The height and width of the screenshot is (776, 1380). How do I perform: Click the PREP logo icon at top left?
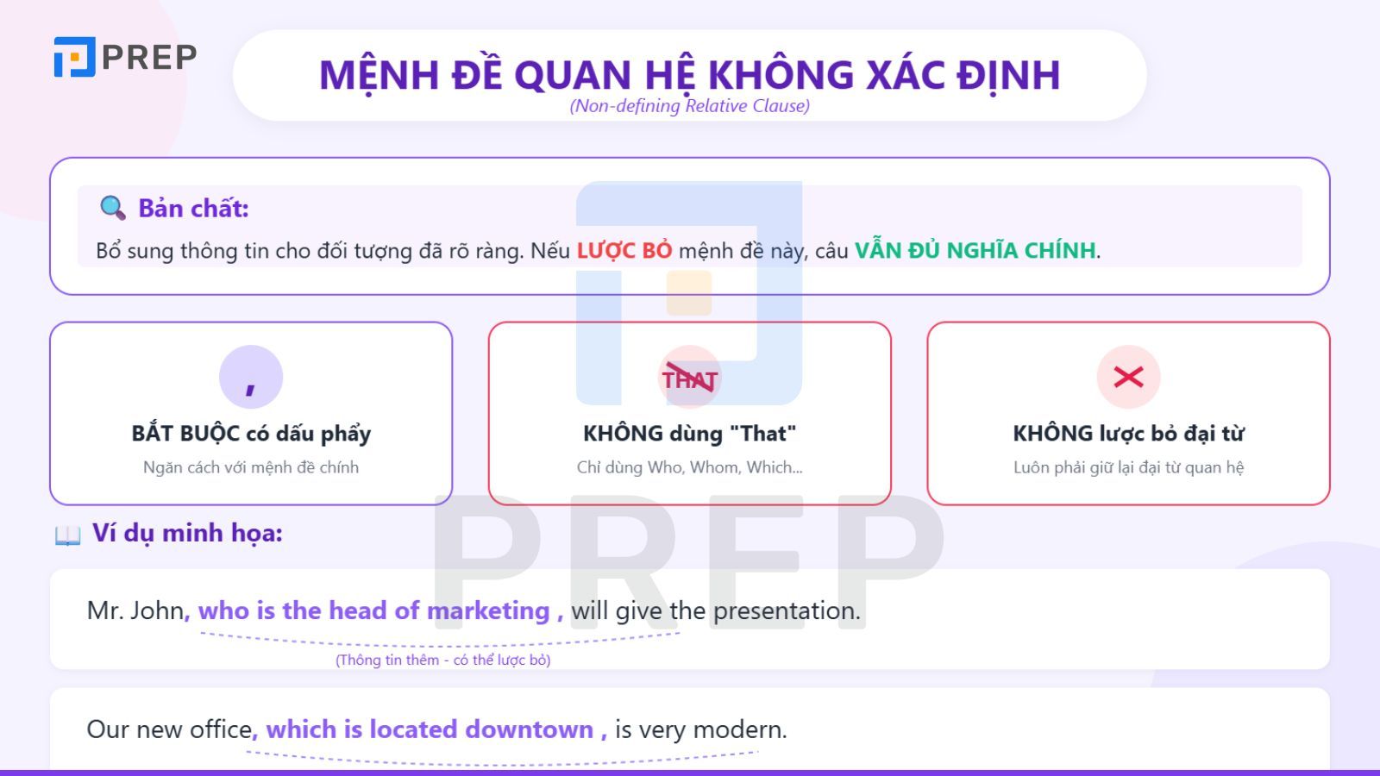pyautogui.click(x=74, y=57)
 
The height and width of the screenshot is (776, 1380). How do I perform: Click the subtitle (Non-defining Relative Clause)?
pyautogui.click(x=689, y=106)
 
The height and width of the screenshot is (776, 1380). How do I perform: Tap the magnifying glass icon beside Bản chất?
pyautogui.click(x=112, y=208)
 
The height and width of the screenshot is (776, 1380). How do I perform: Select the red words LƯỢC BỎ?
pyautogui.click(x=624, y=251)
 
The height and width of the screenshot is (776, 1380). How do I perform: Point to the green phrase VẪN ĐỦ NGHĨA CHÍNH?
pyautogui.click(x=975, y=251)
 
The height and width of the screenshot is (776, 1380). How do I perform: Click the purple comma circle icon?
pyautogui.click(x=251, y=377)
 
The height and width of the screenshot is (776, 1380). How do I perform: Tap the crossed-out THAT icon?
pyautogui.click(x=689, y=378)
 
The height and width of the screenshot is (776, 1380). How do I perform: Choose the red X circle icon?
pyautogui.click(x=1128, y=377)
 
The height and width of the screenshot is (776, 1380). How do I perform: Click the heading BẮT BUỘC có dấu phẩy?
pyautogui.click(x=251, y=433)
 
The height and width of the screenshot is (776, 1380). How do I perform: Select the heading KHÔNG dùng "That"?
pyautogui.click(x=689, y=433)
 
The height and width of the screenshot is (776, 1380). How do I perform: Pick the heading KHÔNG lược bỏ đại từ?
pyautogui.click(x=1128, y=433)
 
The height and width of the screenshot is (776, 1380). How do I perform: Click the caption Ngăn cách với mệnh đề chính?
pyautogui.click(x=251, y=467)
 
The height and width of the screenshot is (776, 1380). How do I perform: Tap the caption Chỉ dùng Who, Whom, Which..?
pyautogui.click(x=689, y=467)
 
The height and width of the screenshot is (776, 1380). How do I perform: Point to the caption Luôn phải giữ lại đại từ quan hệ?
pyautogui.click(x=1128, y=467)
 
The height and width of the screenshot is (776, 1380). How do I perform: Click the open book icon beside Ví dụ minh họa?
pyautogui.click(x=67, y=535)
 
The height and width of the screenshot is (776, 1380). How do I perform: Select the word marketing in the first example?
pyautogui.click(x=488, y=610)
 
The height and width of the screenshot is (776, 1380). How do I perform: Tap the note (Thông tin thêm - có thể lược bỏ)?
pyautogui.click(x=442, y=660)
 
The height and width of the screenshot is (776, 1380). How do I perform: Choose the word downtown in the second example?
pyautogui.click(x=529, y=729)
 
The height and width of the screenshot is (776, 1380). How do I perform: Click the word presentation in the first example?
pyautogui.click(x=786, y=610)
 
